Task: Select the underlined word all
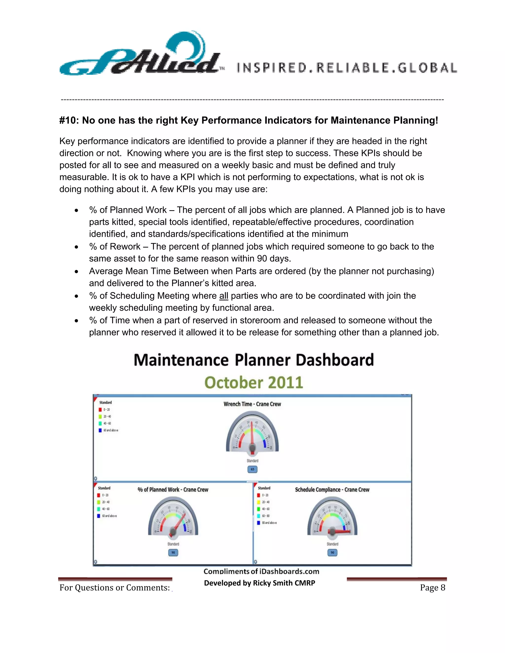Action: [223, 296]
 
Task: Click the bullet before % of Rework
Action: [77, 247]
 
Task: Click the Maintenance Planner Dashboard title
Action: [254, 360]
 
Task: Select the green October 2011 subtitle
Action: [254, 383]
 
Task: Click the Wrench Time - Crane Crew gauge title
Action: [252, 404]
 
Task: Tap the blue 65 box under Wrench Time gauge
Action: [252, 469]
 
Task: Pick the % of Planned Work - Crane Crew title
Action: [173, 490]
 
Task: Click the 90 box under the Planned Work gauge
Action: [173, 552]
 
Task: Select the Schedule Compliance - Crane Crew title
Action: [332, 490]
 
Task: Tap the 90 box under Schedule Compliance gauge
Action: [332, 552]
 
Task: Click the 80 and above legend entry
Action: [269, 523]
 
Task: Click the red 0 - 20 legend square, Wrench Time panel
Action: [100, 410]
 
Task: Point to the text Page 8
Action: [432, 588]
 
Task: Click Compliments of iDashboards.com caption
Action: [261, 571]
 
